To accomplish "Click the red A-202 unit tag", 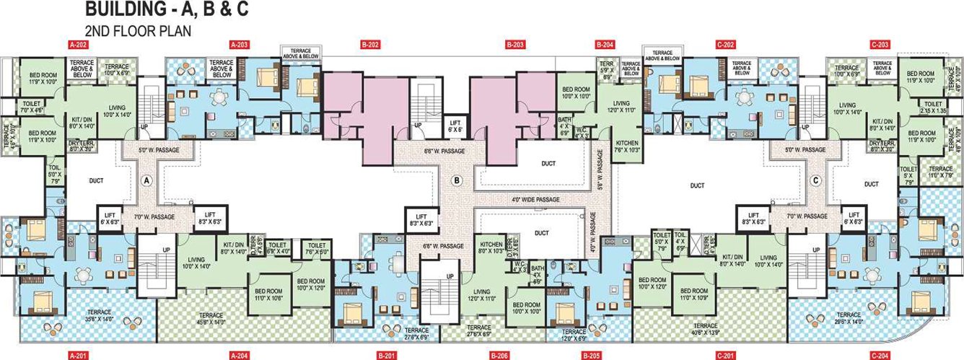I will point(78,45).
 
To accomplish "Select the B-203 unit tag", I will point(515,45).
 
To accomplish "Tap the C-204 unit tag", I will point(880,355).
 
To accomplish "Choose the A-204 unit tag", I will point(240,355).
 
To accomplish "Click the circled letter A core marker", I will point(147,180).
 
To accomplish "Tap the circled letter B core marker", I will point(455,180).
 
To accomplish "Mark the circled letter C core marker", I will point(815,180).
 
